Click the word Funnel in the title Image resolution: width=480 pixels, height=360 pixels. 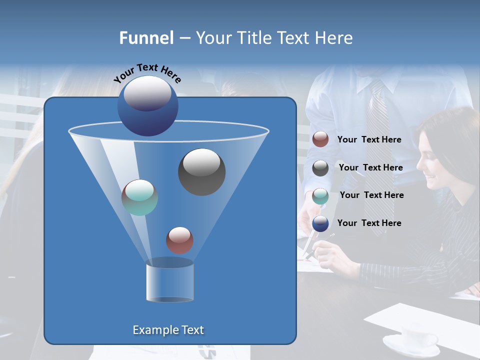tap(146, 38)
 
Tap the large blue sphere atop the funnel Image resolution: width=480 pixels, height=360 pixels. tap(148, 105)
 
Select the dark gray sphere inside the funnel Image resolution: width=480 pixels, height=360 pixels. tap(201, 171)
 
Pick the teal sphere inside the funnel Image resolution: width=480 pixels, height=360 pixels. tap(139, 197)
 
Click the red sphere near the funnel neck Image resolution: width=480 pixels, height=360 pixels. tap(179, 240)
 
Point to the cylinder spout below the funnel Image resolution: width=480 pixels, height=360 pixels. tap(169, 282)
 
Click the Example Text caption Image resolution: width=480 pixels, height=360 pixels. tap(168, 330)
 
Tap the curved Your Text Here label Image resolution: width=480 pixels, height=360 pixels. tap(147, 73)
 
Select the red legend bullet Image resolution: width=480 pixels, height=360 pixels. tap(320, 139)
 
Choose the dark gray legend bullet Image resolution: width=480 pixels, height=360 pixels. tap(320, 168)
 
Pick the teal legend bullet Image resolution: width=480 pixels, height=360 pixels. tap(320, 196)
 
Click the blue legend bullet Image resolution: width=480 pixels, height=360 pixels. tap(320, 223)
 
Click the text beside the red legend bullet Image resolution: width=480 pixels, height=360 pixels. tap(369, 139)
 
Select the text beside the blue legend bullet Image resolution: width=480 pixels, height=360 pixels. tap(369, 223)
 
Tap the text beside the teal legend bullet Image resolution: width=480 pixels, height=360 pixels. tap(371, 195)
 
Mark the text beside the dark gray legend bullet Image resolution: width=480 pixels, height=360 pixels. tap(370, 167)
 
